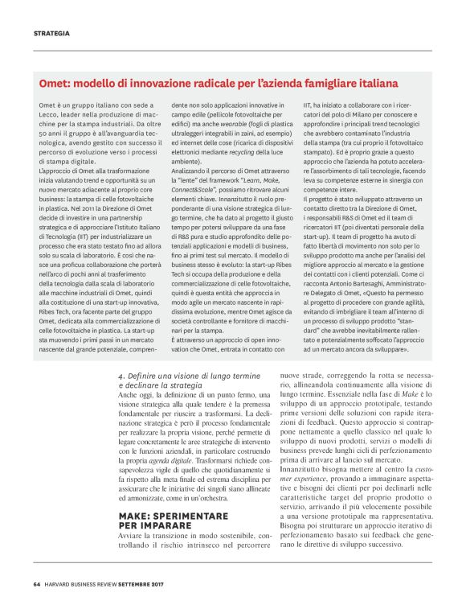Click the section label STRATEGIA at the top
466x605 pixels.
[x=51, y=33]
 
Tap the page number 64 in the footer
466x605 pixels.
[x=36, y=584]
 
